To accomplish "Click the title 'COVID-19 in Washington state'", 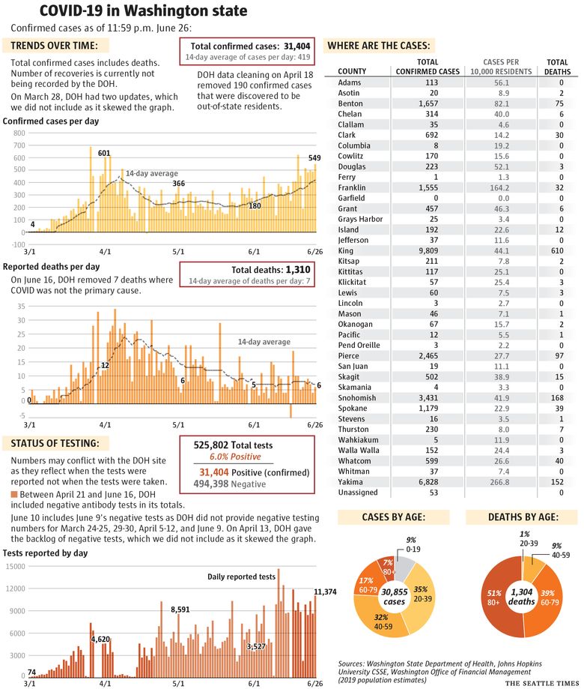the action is pyautogui.click(x=143, y=10).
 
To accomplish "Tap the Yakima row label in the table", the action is pyautogui.click(x=350, y=481).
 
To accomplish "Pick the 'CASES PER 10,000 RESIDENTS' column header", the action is pyautogui.click(x=501, y=67).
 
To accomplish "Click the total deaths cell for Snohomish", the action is pyautogui.click(x=557, y=397).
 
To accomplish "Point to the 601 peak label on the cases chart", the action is pyautogui.click(x=104, y=153).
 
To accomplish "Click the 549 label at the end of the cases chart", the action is pyautogui.click(x=314, y=157).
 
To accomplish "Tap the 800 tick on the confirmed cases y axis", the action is pyautogui.click(x=19, y=133).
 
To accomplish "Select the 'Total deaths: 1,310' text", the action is pyautogui.click(x=271, y=270).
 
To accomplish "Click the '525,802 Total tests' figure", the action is pyautogui.click(x=233, y=445).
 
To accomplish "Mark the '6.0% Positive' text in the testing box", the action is pyautogui.click(x=235, y=457).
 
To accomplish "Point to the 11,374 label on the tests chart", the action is pyautogui.click(x=325, y=592).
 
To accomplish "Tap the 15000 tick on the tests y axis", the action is pyautogui.click(x=16, y=566).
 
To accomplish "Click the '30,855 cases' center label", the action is pyautogui.click(x=395, y=597).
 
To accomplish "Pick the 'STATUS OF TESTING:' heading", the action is pyautogui.click(x=55, y=443).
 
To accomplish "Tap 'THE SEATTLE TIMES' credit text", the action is pyautogui.click(x=542, y=683).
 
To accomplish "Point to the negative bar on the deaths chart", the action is pyautogui.click(x=291, y=411).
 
